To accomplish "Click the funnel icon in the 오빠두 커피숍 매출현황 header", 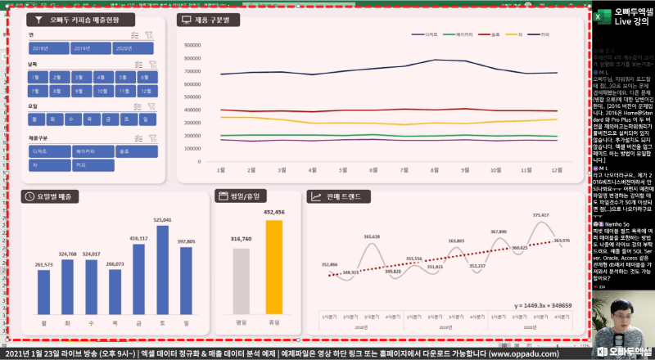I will pos(38,19).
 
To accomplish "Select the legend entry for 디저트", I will pos(427,34).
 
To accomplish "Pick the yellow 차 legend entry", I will pos(517,34).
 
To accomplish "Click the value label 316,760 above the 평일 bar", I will pos(241,239).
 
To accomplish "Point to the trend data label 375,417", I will pos(540,215).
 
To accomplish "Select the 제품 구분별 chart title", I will pos(213,19).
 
